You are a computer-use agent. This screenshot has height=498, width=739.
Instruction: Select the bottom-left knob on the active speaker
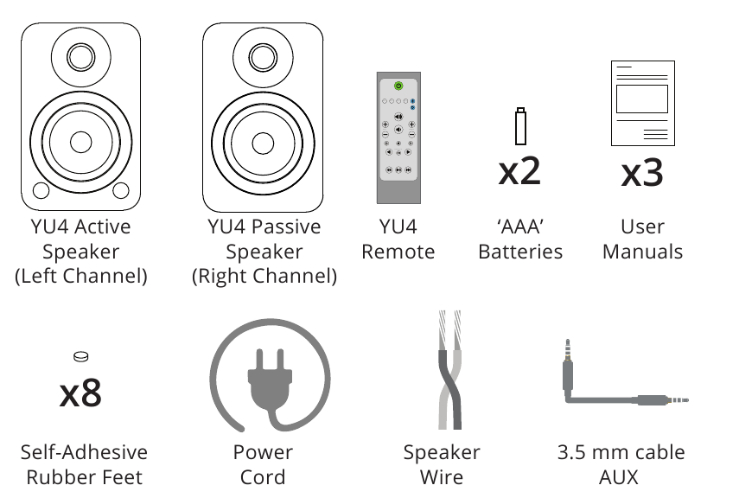click(40, 190)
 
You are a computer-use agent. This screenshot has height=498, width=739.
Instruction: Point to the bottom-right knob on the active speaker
click(121, 190)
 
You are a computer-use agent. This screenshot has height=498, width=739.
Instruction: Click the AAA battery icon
click(519, 126)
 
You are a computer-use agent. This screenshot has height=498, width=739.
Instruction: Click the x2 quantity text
click(519, 170)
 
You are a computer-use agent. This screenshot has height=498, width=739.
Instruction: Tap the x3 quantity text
click(642, 172)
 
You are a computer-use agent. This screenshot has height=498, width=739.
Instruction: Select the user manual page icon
click(641, 103)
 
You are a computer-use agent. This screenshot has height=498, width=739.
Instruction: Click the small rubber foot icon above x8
click(80, 355)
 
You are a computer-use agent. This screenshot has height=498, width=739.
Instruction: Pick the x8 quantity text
click(80, 393)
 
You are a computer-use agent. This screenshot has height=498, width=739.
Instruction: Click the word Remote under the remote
click(398, 252)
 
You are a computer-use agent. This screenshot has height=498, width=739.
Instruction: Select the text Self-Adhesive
click(84, 452)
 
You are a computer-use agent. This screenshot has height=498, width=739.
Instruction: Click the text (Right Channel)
click(264, 277)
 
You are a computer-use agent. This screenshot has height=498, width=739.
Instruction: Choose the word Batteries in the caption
click(519, 252)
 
